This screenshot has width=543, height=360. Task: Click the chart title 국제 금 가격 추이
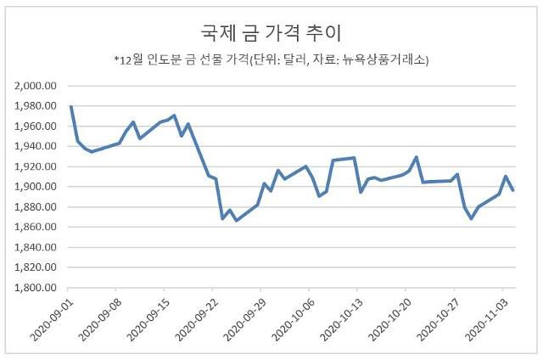[x=271, y=32]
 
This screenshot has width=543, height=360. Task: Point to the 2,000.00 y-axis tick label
[x=36, y=86]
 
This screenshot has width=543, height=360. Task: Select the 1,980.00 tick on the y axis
[x=36, y=106]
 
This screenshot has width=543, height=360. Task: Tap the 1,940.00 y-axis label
[x=36, y=146]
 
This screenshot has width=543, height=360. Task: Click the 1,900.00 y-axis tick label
[x=36, y=187]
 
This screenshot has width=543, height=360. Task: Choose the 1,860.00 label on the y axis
[x=36, y=227]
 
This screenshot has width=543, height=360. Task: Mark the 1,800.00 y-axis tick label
[x=36, y=287]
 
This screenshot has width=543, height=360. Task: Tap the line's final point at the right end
[x=512, y=190]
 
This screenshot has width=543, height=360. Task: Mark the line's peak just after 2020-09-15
[x=174, y=115]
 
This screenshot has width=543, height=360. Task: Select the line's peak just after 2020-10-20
[x=416, y=157]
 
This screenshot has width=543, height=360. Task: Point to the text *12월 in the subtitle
[x=129, y=60]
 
